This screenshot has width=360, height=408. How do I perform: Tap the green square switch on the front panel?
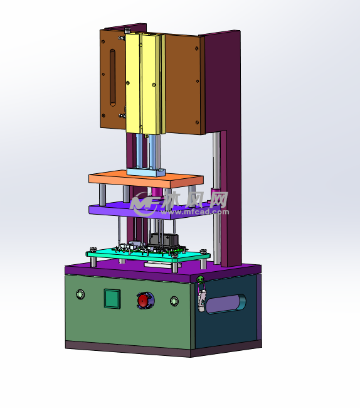(x=112, y=299)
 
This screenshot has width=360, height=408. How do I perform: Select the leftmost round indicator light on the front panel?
(x=80, y=294)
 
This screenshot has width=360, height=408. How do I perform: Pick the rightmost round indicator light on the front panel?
(x=174, y=301)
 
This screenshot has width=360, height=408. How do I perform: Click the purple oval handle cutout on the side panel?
(x=226, y=304)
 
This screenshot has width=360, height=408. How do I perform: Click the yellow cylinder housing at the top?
(x=146, y=83)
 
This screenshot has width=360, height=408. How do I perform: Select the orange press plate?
(x=146, y=179)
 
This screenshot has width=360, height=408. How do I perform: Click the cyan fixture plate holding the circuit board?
(x=147, y=255)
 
